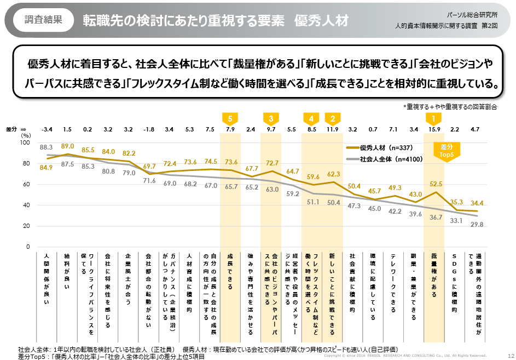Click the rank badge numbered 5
[x=230, y=118]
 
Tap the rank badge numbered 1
[x=434, y=118]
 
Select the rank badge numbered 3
[x=271, y=118]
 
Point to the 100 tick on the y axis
[x=24, y=142]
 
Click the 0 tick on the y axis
[x=27, y=247]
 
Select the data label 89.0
[x=67, y=146]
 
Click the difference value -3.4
[x=47, y=129]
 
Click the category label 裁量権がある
[x=434, y=276]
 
